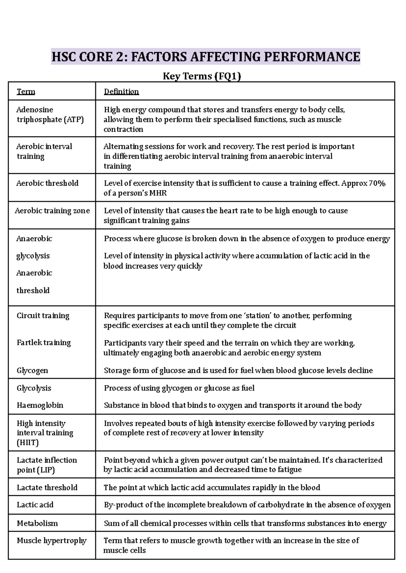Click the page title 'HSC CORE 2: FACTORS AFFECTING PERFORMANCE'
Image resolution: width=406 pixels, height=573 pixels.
pyautogui.click(x=205, y=56)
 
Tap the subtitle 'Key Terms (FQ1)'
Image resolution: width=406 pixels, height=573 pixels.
pyautogui.click(x=202, y=76)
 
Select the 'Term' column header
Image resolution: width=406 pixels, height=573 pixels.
pyautogui.click(x=26, y=92)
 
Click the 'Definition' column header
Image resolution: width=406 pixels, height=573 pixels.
pyautogui.click(x=121, y=92)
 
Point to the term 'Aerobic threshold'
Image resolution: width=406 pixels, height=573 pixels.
pyautogui.click(x=47, y=183)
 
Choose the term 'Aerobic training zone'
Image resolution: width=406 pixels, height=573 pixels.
pyautogui.click(x=52, y=211)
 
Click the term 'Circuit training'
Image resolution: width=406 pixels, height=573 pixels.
pyautogui.click(x=43, y=316)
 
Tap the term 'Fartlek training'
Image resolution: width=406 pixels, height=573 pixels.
pyautogui.click(x=44, y=343)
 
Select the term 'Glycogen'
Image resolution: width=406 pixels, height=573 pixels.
pyautogui.click(x=32, y=370)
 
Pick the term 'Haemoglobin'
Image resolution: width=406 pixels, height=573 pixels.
pyautogui.click(x=40, y=405)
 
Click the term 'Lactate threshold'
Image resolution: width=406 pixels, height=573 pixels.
pyautogui.click(x=47, y=487)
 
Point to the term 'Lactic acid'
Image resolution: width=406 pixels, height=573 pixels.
pyautogui.click(x=35, y=505)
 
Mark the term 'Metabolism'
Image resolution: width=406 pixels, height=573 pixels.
pyautogui.click(x=37, y=523)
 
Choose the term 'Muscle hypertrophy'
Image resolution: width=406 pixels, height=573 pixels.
pyautogui.click(x=52, y=541)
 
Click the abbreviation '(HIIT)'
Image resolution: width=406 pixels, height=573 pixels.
pyautogui.click(x=28, y=442)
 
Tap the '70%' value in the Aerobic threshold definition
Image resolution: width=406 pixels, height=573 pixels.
pyautogui.click(x=377, y=183)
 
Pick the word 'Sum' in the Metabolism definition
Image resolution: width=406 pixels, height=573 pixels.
pyautogui.click(x=111, y=523)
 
